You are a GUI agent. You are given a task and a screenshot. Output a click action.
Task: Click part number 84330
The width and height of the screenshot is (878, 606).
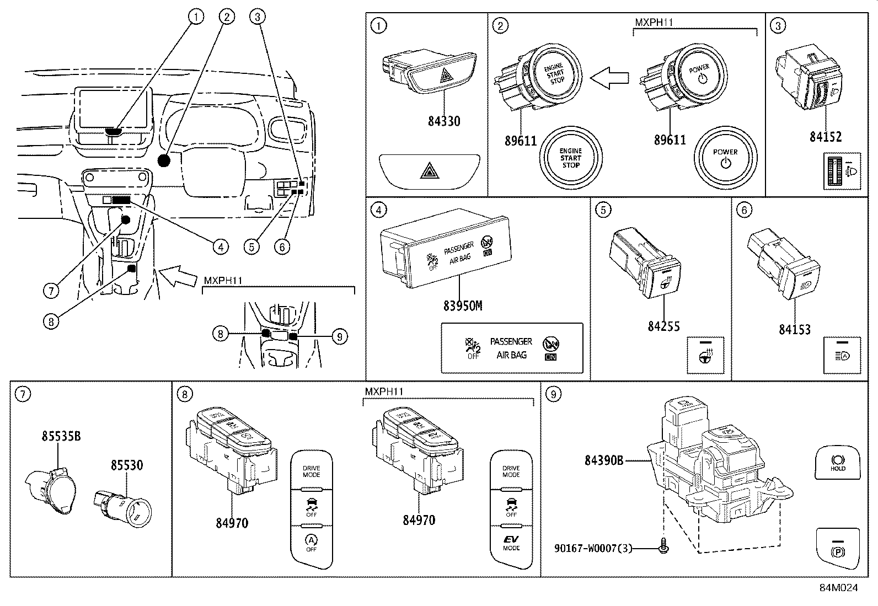[444, 120]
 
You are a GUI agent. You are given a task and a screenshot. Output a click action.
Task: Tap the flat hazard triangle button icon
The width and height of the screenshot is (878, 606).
[429, 171]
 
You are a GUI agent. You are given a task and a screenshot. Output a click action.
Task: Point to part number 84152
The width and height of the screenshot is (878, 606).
[825, 136]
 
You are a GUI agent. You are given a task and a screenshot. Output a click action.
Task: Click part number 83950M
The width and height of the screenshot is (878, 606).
[462, 305]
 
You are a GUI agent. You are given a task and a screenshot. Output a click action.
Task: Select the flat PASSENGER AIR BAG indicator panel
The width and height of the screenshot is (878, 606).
[511, 348]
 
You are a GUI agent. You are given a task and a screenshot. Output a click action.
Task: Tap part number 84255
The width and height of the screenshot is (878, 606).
[663, 326]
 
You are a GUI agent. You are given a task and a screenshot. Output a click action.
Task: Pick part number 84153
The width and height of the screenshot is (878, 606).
[794, 329]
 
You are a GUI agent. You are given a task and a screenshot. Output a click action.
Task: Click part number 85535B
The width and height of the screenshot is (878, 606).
[61, 436]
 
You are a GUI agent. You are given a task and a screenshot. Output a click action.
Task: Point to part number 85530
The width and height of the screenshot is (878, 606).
[126, 465]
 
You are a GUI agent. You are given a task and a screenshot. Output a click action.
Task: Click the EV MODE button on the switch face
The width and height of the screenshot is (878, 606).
[511, 543]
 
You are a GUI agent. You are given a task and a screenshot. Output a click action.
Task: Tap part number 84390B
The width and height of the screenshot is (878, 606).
[604, 459]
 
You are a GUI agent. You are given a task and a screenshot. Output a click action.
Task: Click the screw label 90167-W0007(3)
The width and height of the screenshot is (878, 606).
[593, 548]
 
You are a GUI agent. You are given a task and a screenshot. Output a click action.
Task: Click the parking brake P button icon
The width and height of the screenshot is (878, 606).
[837, 548]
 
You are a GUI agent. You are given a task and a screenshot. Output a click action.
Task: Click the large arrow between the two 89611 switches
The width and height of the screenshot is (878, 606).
[609, 78]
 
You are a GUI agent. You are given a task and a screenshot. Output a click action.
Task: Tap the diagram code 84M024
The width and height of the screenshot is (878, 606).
[838, 588]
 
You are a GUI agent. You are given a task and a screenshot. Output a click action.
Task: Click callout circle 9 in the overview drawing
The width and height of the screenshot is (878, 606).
[340, 336]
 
